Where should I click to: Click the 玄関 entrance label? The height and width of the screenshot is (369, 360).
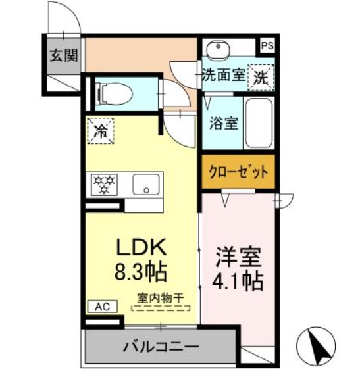(63, 55)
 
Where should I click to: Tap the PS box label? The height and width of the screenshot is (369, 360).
(266, 46)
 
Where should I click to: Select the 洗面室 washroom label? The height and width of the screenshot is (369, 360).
(224, 76)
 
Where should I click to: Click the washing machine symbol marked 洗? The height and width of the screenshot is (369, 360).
(261, 76)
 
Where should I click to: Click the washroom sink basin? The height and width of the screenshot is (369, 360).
(216, 50)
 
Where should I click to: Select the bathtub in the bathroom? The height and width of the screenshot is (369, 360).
(261, 123)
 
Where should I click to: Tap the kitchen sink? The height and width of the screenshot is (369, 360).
(147, 184)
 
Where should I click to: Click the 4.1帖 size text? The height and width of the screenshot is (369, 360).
(238, 281)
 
